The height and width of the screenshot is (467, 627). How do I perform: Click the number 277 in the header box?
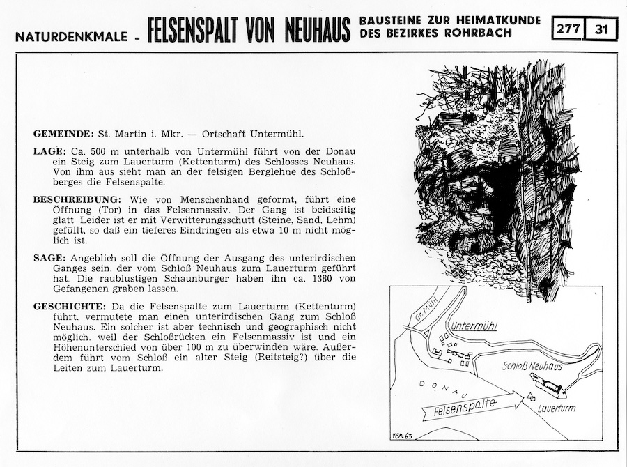568,29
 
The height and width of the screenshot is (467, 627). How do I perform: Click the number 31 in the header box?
602,29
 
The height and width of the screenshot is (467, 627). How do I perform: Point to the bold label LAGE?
49,151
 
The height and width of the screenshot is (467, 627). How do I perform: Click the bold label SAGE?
49,257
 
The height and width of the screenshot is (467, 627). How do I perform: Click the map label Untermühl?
474,326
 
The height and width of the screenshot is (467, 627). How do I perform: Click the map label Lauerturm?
557,408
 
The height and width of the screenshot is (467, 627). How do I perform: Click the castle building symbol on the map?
548,382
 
